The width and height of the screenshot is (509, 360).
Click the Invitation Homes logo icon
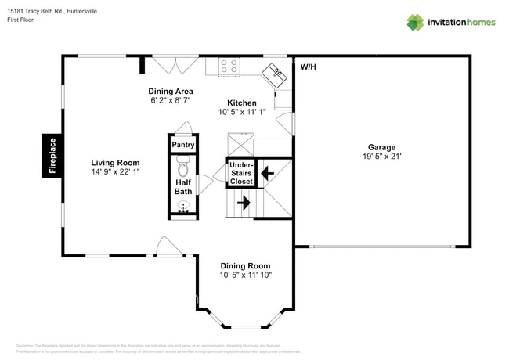414,22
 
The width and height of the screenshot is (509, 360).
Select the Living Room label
115,163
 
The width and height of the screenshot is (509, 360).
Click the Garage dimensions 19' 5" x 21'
382,157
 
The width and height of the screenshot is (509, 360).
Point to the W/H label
308,67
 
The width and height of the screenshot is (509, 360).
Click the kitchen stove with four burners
229,66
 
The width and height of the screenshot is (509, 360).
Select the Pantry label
183,145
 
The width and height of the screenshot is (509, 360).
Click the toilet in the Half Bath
183,165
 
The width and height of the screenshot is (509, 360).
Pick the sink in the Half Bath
183,207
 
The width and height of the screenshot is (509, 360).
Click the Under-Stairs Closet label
241,173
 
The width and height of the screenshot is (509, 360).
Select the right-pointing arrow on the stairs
243,203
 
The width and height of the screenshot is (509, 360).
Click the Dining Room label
245,265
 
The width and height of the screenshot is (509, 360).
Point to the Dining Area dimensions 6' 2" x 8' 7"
171,101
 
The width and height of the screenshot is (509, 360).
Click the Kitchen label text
242,103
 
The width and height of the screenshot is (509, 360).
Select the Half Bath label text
183,186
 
